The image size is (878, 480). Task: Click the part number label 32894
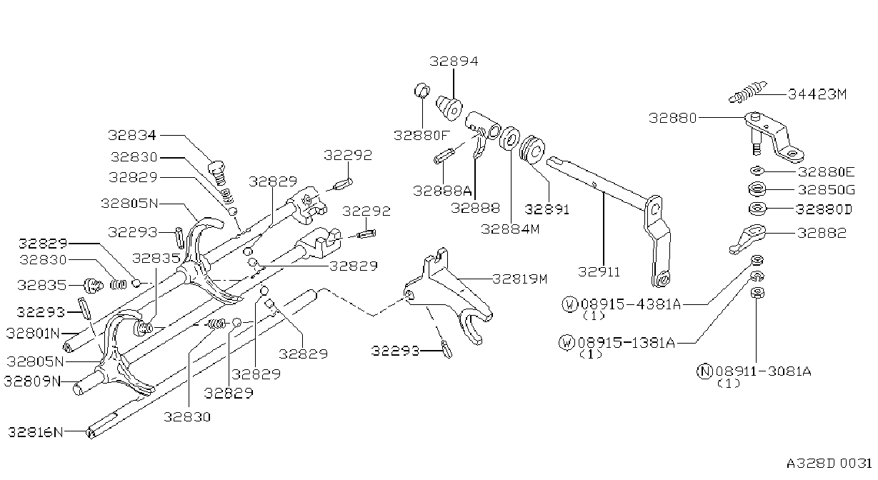(454, 61)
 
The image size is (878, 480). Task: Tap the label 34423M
(817, 94)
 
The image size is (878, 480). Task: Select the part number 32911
(599, 271)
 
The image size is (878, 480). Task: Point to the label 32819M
(520, 279)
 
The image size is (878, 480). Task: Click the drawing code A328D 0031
(829, 464)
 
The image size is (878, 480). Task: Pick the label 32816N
(35, 432)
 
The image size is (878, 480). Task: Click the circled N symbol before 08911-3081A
(704, 371)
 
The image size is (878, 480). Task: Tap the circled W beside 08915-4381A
(569, 304)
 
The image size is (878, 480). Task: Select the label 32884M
(510, 229)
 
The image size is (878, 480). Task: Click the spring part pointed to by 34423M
(748, 92)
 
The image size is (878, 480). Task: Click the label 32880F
(421, 136)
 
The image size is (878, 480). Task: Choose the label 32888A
(442, 191)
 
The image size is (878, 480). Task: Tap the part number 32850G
(827, 190)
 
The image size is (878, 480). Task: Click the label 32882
(822, 233)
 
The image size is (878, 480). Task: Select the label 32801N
(33, 334)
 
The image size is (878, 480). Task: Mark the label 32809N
(33, 381)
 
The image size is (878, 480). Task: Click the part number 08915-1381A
(627, 343)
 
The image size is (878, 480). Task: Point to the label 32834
(132, 135)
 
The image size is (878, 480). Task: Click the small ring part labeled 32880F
(421, 91)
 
